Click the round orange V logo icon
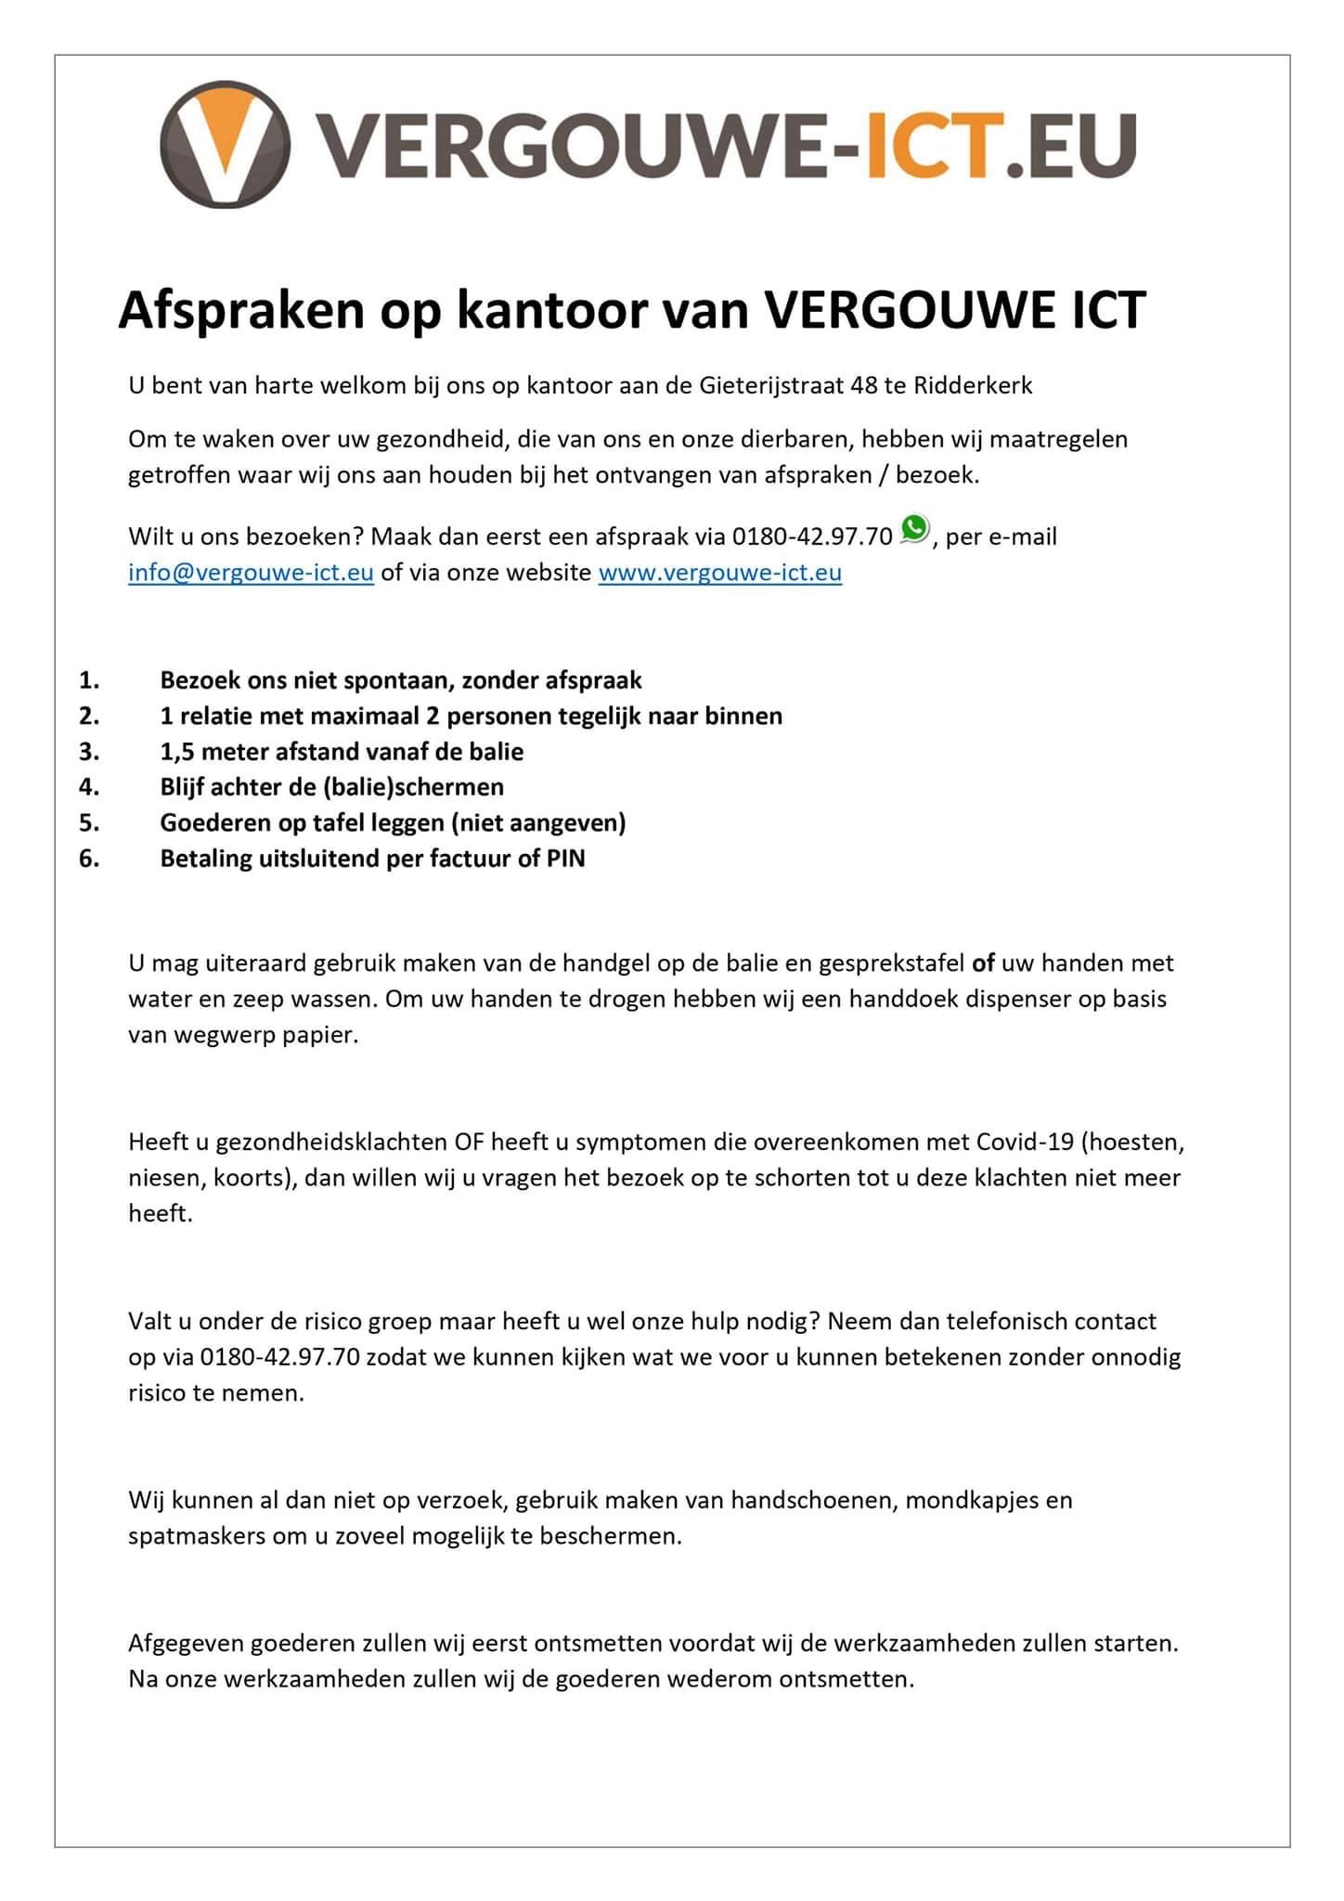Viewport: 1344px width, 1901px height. pos(226,145)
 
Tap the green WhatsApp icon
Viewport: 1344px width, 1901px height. pos(915,529)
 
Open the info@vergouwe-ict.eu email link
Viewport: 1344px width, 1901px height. pos(251,573)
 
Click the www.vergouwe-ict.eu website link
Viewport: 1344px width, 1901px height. pos(719,573)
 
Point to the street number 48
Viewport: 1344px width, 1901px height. pos(864,385)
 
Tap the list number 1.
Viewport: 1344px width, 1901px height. pos(89,680)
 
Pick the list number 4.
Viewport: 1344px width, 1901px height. pos(89,787)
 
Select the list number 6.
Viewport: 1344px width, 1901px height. pos(89,859)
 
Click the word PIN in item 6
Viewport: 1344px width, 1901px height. pos(565,859)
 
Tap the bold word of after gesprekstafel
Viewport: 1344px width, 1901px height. pos(983,963)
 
